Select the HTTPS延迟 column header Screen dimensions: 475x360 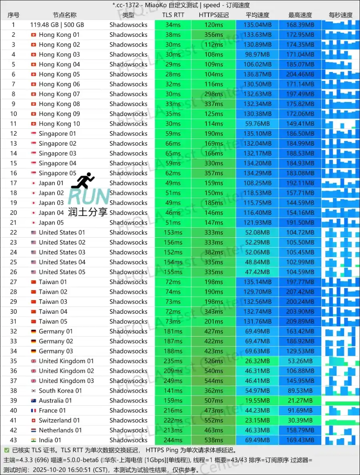click(214, 15)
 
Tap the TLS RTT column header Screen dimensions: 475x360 click(173, 15)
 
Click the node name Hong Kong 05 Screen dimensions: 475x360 click(59, 74)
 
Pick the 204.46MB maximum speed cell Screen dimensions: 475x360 click(300, 74)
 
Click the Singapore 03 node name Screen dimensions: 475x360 click(57, 153)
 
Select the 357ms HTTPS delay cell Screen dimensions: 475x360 click(214, 173)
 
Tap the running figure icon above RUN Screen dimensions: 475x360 click(83, 181)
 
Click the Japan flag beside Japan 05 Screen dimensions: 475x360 click(34, 222)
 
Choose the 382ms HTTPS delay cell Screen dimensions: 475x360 click(214, 252)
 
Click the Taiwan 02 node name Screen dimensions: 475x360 click(53, 292)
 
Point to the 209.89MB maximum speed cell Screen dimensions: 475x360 click(300, 321)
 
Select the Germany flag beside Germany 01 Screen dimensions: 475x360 click(34, 331)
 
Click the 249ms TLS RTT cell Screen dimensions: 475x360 click(173, 381)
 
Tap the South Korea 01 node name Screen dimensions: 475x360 click(60, 391)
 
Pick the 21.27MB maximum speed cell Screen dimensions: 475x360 click(300, 401)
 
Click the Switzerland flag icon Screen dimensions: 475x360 click(34, 420)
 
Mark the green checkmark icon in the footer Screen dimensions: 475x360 click(7, 450)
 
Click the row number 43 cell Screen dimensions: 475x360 click(14, 440)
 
